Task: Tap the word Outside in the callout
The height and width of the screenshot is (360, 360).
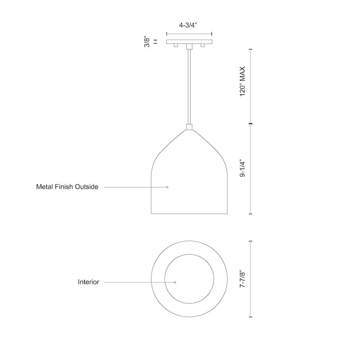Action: [x=86, y=187]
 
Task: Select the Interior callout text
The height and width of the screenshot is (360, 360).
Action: [x=88, y=282]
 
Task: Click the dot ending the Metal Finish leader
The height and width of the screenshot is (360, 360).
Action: [x=167, y=187]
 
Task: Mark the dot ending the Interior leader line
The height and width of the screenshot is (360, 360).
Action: [x=175, y=282]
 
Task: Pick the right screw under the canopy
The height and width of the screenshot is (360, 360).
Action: [x=202, y=46]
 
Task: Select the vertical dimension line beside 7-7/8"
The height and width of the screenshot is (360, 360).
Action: [x=250, y=280]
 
